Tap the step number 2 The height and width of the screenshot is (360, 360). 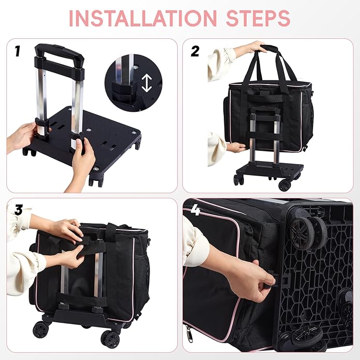195,51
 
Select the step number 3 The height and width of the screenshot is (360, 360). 18,210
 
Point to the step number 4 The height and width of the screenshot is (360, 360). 195,210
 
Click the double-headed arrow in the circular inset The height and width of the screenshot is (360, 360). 147,82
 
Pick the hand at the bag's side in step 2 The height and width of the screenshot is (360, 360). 236,148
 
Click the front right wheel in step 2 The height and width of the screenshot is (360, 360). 284,184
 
